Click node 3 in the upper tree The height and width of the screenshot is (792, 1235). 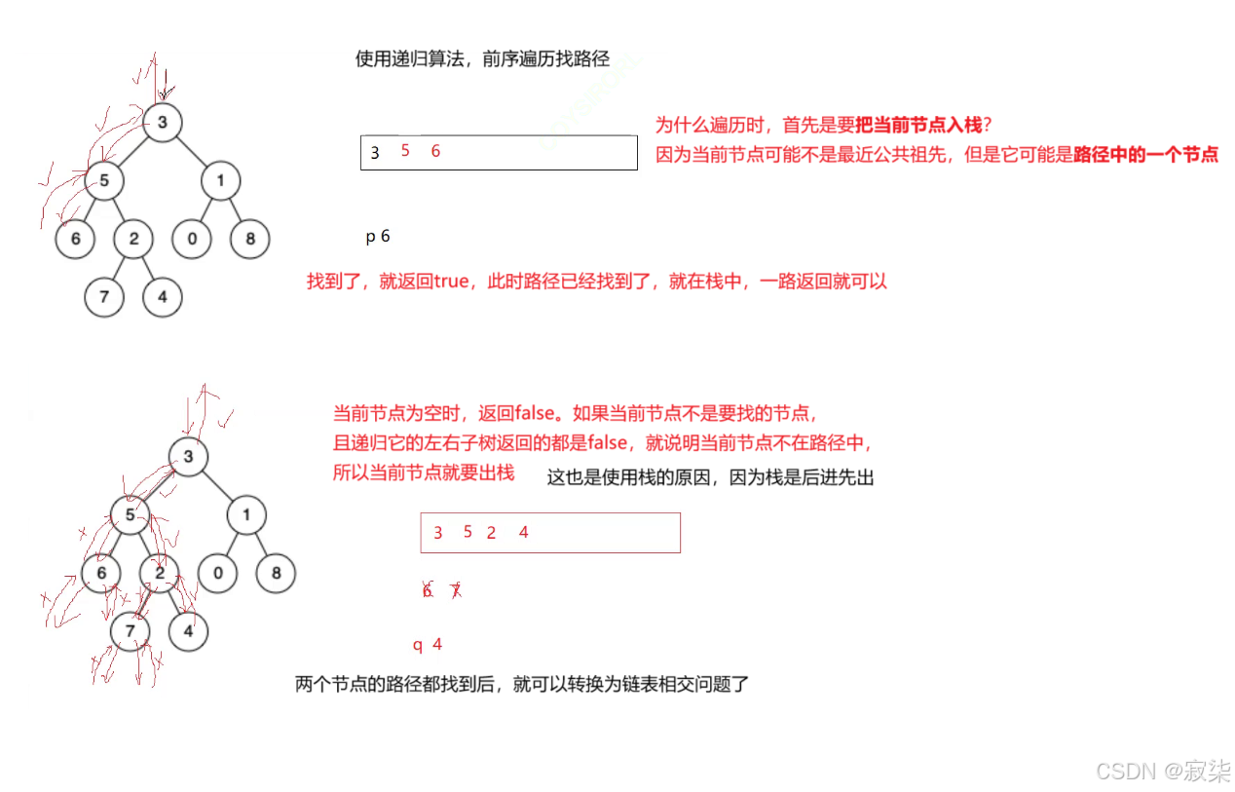(x=163, y=122)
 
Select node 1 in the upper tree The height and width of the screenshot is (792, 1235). (x=221, y=180)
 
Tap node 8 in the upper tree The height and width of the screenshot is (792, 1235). (x=250, y=239)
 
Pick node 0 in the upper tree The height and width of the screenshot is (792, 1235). (x=192, y=239)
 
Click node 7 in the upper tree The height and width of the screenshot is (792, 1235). (x=104, y=297)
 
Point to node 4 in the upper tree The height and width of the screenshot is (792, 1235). (x=163, y=297)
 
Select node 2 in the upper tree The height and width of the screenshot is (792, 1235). (x=133, y=239)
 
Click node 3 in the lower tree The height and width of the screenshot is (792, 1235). (x=188, y=457)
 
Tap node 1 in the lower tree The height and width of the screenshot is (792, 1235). (x=246, y=515)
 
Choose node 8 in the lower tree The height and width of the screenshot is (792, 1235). (x=276, y=573)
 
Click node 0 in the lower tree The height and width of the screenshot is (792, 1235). (x=217, y=573)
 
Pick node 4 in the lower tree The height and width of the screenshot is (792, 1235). (x=188, y=631)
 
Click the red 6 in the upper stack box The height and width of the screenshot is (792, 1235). (x=435, y=151)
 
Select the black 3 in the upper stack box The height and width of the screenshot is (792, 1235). (x=375, y=153)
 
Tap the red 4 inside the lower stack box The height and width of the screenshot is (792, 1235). (x=523, y=532)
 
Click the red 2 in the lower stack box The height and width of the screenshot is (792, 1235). (x=491, y=533)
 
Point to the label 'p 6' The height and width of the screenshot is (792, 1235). (x=378, y=237)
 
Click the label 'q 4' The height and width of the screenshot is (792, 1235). (x=428, y=645)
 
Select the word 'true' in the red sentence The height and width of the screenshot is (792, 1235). (x=449, y=283)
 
